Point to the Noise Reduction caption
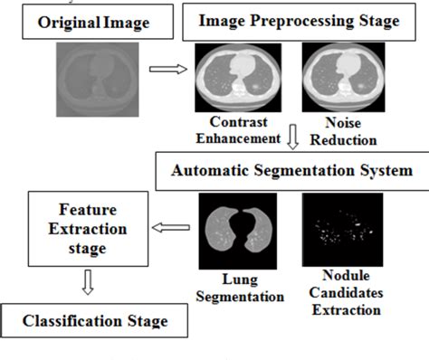(341, 131)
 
